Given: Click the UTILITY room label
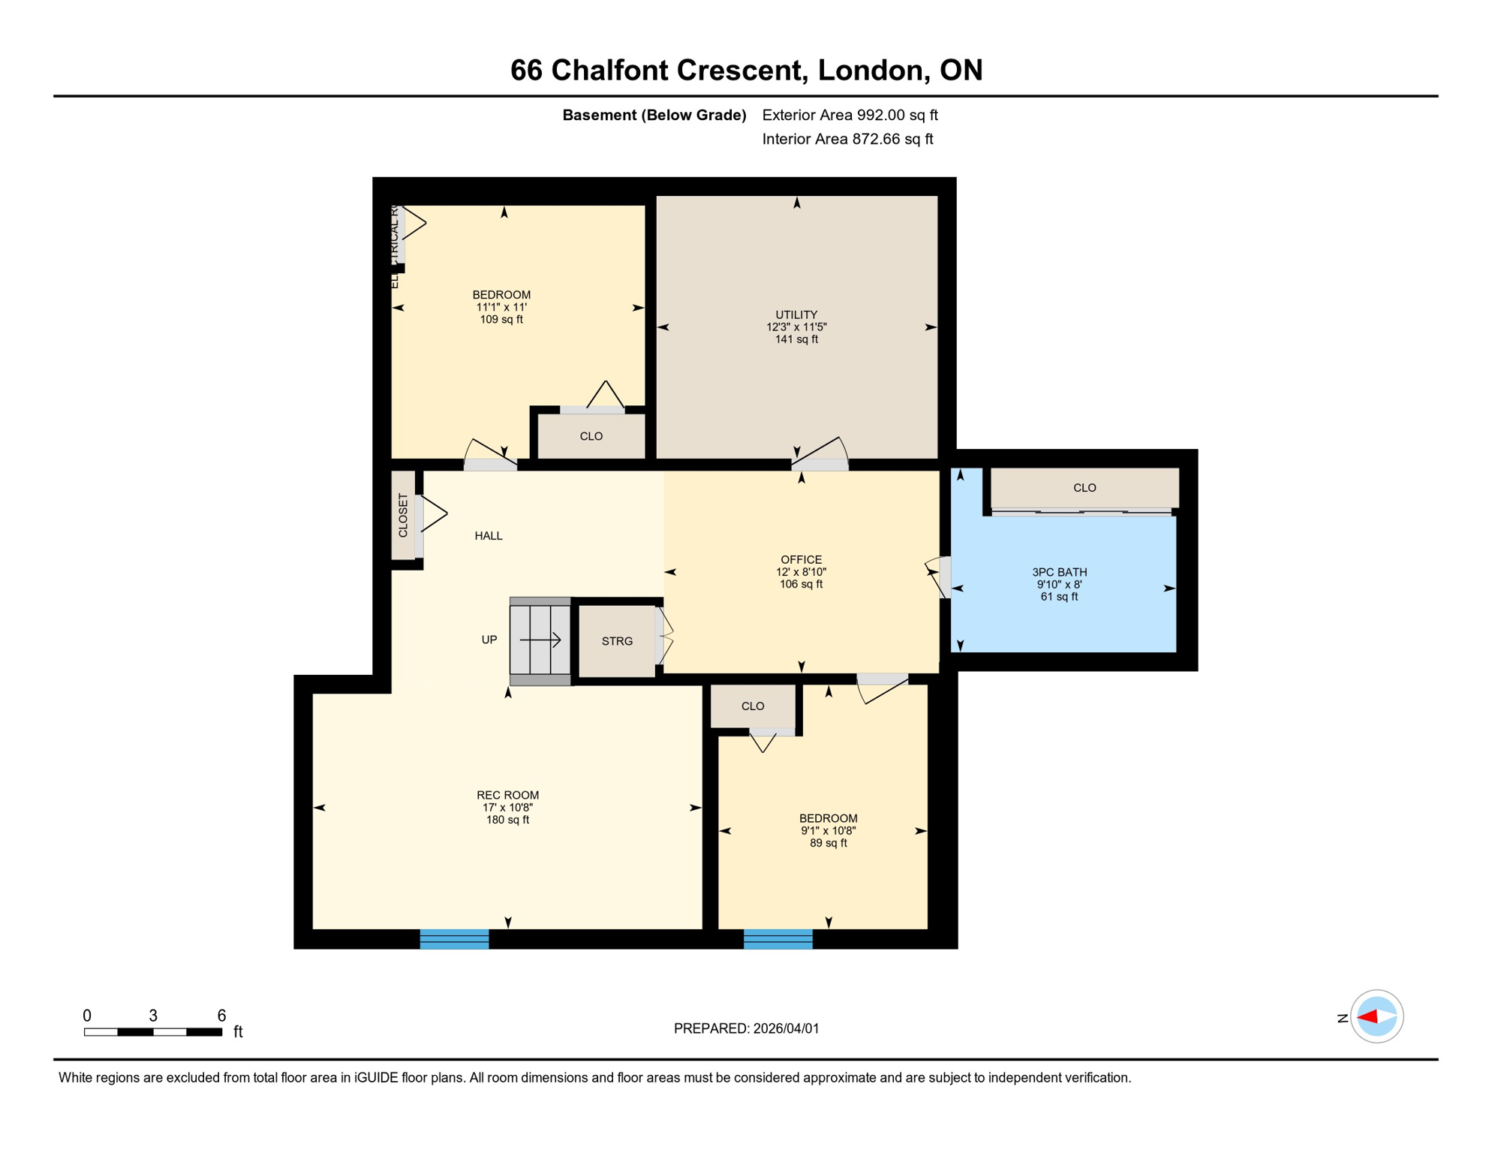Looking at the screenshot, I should pyautogui.click(x=796, y=315).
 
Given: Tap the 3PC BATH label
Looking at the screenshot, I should pyautogui.click(x=1059, y=572).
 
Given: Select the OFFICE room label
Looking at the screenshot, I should pyautogui.click(x=801, y=559).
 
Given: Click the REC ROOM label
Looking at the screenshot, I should pyautogui.click(x=507, y=795).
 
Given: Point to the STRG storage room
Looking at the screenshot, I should pyautogui.click(x=617, y=641).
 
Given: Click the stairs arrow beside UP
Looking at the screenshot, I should pyautogui.click(x=540, y=640).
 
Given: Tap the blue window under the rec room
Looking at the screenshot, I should pyautogui.click(x=454, y=938).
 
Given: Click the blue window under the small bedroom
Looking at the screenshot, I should pyautogui.click(x=778, y=938).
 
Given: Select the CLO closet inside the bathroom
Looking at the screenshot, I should pyautogui.click(x=1084, y=488).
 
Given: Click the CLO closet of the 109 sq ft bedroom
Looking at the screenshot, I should pyautogui.click(x=591, y=436).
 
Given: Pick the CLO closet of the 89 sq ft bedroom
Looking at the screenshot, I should pyautogui.click(x=753, y=706).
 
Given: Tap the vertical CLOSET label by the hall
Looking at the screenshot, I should pyautogui.click(x=403, y=515).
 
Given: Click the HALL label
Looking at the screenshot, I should pyautogui.click(x=489, y=535).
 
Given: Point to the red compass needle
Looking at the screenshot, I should pyautogui.click(x=1367, y=1017).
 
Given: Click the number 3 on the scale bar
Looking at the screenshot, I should pyautogui.click(x=153, y=1016).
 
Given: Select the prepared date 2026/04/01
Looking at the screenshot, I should pyautogui.click(x=785, y=1028).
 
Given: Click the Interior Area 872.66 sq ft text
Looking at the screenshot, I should pyautogui.click(x=847, y=139).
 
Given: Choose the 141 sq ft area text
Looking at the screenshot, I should pyautogui.click(x=796, y=339).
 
